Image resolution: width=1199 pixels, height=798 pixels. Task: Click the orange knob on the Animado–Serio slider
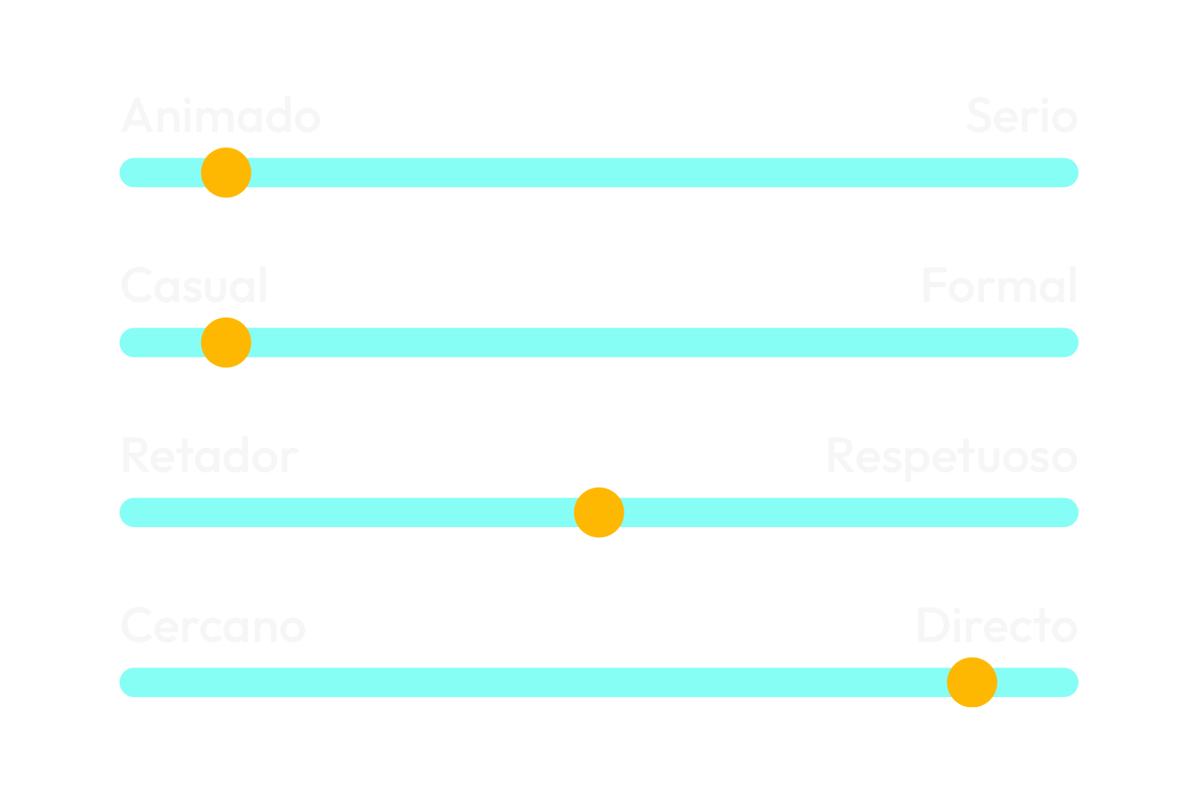point(226,172)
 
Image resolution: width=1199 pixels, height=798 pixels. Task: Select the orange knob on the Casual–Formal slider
point(226,342)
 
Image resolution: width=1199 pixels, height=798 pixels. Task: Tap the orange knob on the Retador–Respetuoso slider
point(599,512)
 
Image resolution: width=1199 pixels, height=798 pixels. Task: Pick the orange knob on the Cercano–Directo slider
point(971,682)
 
